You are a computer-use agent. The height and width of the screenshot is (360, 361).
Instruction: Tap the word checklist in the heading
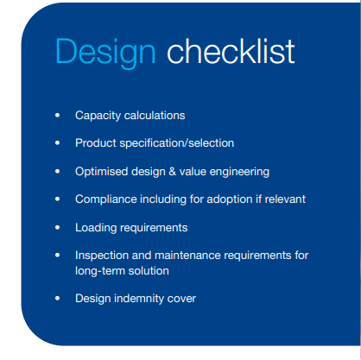(231, 51)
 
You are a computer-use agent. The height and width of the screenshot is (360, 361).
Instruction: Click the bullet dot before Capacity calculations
(58, 115)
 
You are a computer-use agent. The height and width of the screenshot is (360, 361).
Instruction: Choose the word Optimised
(102, 172)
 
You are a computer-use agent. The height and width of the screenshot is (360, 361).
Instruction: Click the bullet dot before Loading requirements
(58, 227)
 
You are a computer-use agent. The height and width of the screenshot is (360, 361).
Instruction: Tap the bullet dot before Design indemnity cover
(58, 298)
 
